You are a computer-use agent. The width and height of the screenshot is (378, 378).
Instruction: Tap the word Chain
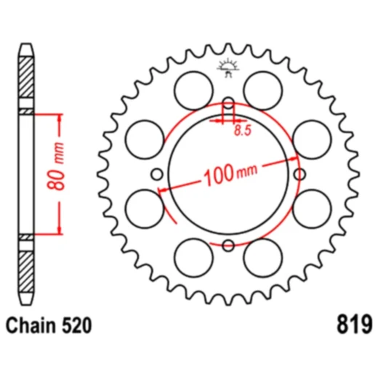(x=31, y=326)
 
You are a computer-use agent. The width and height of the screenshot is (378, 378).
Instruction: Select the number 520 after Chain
(x=76, y=326)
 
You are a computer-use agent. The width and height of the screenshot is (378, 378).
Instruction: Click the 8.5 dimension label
(x=243, y=131)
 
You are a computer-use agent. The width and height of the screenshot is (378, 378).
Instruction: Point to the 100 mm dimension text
(x=230, y=173)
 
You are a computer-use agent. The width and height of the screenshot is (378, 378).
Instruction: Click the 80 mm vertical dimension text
(x=56, y=166)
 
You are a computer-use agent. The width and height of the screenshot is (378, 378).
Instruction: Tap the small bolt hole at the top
(x=228, y=102)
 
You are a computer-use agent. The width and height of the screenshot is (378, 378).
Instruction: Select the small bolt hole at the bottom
(x=228, y=246)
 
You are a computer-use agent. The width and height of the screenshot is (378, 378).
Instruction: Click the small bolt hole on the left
(x=157, y=174)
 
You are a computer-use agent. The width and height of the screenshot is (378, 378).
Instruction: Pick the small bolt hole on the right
(x=299, y=174)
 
